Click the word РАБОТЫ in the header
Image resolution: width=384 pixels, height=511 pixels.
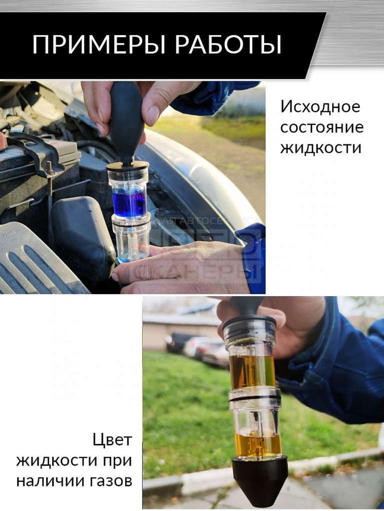(x=228, y=45)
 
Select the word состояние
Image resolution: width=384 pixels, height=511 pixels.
(x=322, y=127)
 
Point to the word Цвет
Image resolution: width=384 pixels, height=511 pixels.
(x=112, y=440)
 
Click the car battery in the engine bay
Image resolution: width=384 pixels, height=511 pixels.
(x=35, y=165)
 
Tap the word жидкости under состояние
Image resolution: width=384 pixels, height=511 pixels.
(x=321, y=148)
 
